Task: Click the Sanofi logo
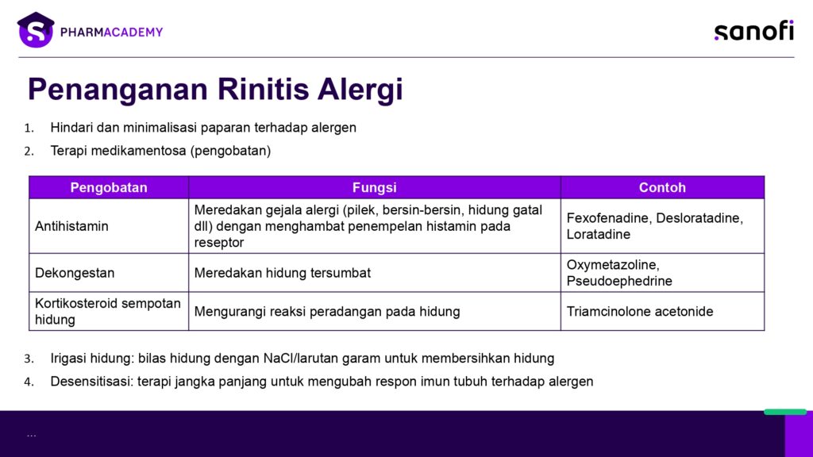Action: [x=754, y=31]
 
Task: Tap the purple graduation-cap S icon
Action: [x=36, y=30]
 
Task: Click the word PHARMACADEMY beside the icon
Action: [x=111, y=32]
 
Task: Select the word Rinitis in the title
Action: [x=264, y=89]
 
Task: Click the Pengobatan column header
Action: [x=109, y=187]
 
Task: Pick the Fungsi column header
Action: [x=375, y=187]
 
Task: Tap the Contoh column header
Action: [x=662, y=187]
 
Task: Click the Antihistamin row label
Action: [x=71, y=226]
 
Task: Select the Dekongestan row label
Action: [x=75, y=273]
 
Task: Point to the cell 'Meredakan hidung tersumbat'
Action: [x=282, y=273]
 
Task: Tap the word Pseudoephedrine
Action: [x=619, y=281]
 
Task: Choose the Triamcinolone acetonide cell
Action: [x=640, y=311]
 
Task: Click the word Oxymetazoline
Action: [x=613, y=265]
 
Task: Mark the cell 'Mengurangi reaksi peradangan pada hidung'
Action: [x=326, y=311]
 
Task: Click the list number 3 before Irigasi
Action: [x=29, y=359]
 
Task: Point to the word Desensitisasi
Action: [x=92, y=382]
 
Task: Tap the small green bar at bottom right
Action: [x=785, y=412]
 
